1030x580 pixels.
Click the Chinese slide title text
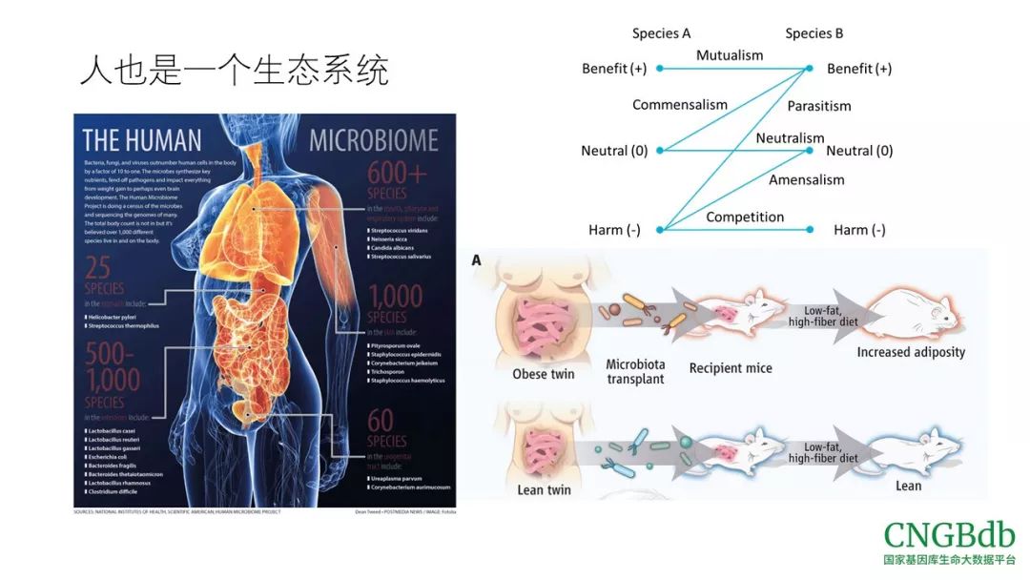234,71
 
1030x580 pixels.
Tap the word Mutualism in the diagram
730,55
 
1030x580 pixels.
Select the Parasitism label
819,106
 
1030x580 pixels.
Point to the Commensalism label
679,105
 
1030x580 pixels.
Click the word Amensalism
806,179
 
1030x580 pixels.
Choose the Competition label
745,217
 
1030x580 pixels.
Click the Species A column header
661,33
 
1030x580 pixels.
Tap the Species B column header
814,33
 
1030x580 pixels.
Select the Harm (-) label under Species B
859,230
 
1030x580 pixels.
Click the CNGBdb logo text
949,535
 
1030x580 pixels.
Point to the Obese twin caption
544,374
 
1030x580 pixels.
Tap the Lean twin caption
545,489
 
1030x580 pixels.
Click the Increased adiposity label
911,352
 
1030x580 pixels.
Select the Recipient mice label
731,368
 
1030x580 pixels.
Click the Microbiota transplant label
635,372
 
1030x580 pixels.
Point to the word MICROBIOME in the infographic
373,141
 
